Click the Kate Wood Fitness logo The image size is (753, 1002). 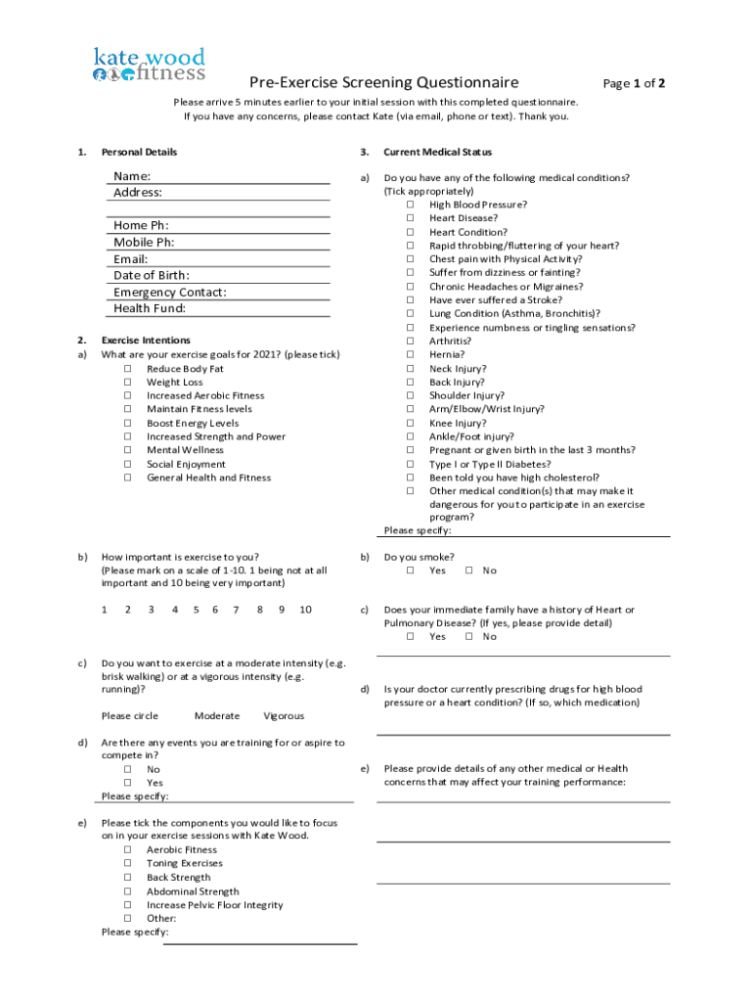click(x=149, y=66)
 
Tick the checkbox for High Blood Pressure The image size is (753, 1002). click(x=411, y=205)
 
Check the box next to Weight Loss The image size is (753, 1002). click(x=128, y=383)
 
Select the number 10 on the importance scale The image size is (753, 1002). click(x=305, y=610)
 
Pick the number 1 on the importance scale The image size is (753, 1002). click(x=104, y=610)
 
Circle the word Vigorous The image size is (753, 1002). click(x=284, y=716)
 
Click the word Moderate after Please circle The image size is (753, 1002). click(x=217, y=716)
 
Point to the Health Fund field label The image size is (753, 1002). click(x=150, y=309)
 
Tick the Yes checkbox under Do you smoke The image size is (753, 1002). click(x=411, y=570)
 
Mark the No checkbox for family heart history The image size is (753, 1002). click(x=469, y=637)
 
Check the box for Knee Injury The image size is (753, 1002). click(x=411, y=424)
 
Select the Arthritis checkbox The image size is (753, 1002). click(x=411, y=342)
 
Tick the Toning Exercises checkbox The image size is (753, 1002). click(x=128, y=864)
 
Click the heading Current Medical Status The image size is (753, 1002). click(x=437, y=153)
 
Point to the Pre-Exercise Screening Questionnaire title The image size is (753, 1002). click(x=383, y=82)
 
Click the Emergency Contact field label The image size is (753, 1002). click(x=170, y=293)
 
